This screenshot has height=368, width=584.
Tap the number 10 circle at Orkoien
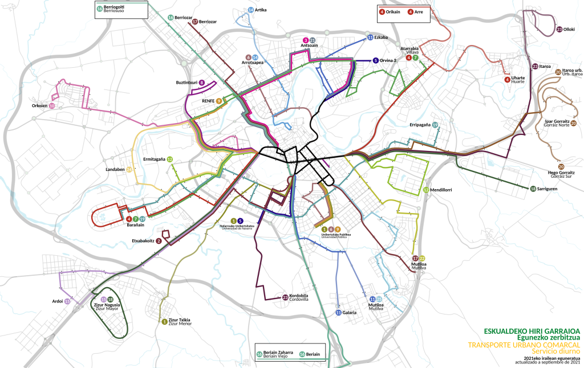[52, 106]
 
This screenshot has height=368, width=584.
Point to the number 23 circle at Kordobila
[285, 297]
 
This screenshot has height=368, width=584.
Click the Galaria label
[349, 313]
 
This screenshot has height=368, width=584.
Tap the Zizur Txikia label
[180, 320]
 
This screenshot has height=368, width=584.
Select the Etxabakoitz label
[143, 241]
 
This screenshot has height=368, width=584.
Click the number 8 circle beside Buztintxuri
[202, 83]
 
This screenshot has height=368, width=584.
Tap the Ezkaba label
[381, 38]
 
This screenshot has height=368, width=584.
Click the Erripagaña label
[420, 125]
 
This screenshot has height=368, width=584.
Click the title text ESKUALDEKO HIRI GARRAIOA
[532, 330]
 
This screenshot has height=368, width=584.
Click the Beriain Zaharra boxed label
[278, 353]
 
